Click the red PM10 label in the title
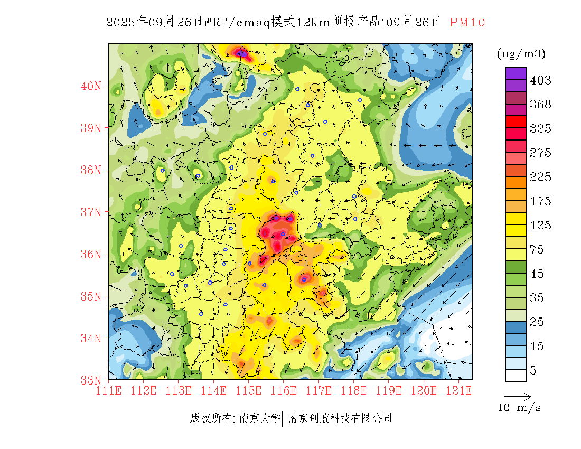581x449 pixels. [x=467, y=22]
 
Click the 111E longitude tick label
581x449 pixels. [x=108, y=390]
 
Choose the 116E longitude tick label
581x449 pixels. [x=283, y=390]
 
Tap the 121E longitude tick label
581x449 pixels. [x=458, y=390]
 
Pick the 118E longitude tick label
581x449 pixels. [x=353, y=390]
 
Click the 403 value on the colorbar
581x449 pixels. [x=540, y=80]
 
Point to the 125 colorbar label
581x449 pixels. [x=540, y=226]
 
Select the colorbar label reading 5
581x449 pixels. [x=533, y=371]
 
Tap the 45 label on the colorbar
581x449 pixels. [x=537, y=274]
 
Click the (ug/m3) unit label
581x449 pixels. [x=521, y=54]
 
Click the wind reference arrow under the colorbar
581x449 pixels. [x=518, y=396]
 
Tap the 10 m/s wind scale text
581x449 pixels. [x=519, y=408]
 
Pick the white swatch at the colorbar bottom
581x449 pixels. [x=516, y=376]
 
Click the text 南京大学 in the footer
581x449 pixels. [x=259, y=418]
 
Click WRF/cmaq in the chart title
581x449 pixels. [x=236, y=22]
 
